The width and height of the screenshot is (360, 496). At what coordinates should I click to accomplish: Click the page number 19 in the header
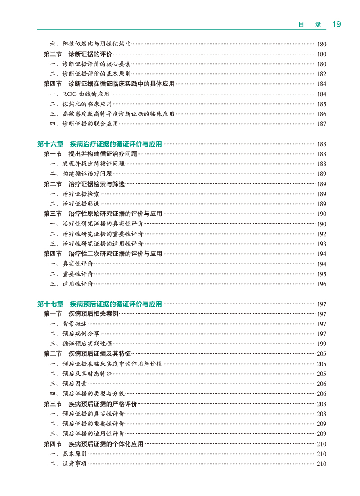click(x=336, y=24)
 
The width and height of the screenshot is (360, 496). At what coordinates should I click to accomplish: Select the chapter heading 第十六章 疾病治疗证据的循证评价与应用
click(x=99, y=144)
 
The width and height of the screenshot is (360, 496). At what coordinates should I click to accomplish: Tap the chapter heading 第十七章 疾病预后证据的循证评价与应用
click(x=99, y=304)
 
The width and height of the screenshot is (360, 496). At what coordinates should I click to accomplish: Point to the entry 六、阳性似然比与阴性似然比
click(x=90, y=44)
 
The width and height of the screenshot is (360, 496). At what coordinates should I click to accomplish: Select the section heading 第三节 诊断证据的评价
click(x=78, y=54)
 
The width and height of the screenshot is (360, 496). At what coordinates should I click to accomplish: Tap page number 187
click(x=322, y=124)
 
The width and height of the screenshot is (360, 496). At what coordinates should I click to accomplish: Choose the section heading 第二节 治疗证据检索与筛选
click(x=84, y=184)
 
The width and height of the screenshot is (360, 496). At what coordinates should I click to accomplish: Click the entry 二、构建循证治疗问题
click(x=81, y=174)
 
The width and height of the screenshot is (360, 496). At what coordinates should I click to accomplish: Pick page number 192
click(x=322, y=234)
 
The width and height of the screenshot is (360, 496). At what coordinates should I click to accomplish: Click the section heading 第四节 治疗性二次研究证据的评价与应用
click(x=103, y=254)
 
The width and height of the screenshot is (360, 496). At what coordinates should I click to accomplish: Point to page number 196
click(x=322, y=284)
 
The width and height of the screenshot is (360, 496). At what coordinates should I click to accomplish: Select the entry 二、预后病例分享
click(x=75, y=334)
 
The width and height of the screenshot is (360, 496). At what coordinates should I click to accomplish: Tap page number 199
click(x=322, y=344)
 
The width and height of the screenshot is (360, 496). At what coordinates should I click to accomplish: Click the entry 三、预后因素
click(x=68, y=384)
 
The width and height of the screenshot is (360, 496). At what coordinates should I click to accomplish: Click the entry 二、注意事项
click(x=68, y=464)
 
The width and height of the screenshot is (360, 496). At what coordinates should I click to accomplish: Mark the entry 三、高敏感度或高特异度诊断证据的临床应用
click(x=112, y=114)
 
